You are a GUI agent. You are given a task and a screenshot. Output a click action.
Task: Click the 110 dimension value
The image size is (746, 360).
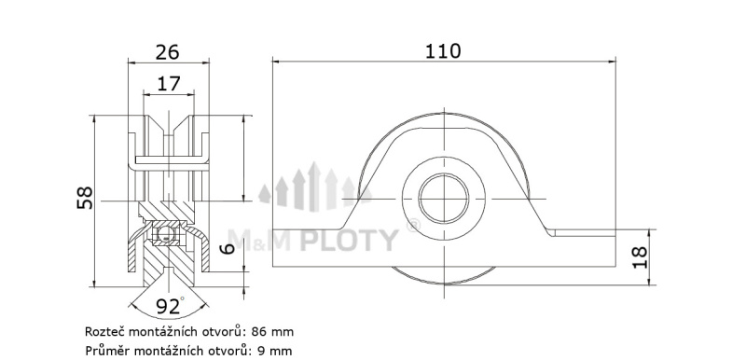[x=443, y=51]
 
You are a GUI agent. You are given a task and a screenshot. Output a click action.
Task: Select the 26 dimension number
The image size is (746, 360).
[x=168, y=52]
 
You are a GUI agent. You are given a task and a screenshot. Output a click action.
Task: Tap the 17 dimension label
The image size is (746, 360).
[x=169, y=84]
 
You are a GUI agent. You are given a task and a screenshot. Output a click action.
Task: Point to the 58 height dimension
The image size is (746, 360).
[x=85, y=198]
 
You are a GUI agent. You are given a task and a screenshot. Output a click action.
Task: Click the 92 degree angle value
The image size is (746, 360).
[x=168, y=307]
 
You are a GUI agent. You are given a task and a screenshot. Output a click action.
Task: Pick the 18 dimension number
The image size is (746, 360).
[x=640, y=257]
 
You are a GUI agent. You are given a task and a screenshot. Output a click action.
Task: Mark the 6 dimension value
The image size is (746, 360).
[x=228, y=248]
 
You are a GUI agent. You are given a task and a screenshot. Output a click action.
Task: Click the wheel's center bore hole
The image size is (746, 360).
[x=444, y=199]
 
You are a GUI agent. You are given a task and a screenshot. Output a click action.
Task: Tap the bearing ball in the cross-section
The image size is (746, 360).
[x=165, y=233]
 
